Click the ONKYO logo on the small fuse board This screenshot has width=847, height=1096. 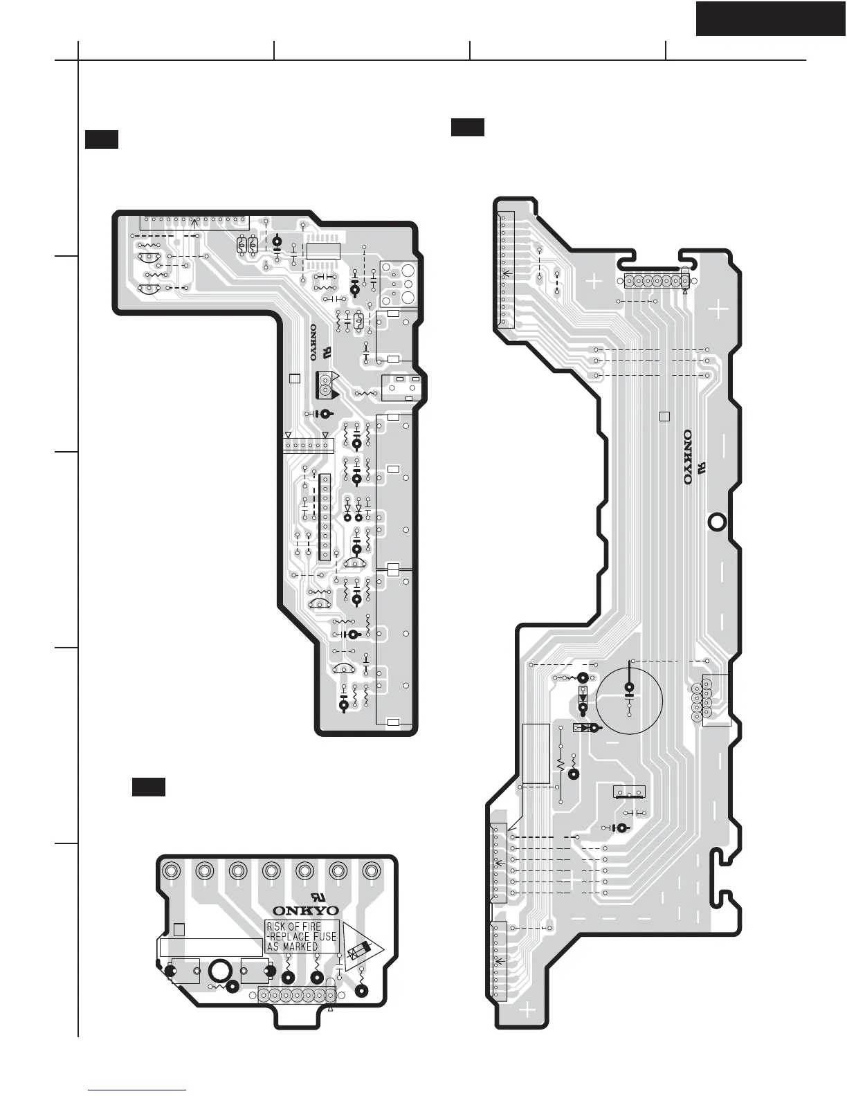tap(305, 911)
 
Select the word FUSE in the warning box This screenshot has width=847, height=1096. tap(321, 937)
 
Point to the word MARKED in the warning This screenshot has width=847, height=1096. tap(300, 947)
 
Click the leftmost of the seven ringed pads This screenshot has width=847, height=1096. tap(172, 870)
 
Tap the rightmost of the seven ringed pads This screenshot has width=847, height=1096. tap(372, 870)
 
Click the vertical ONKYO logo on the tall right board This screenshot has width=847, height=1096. tap(688, 457)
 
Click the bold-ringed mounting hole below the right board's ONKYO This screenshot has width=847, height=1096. tap(717, 522)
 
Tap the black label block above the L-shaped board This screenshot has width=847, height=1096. tap(102, 139)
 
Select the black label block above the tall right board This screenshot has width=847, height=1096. tap(468, 127)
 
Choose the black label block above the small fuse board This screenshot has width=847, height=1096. tap(149, 787)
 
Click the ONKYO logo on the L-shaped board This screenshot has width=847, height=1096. tap(313, 342)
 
